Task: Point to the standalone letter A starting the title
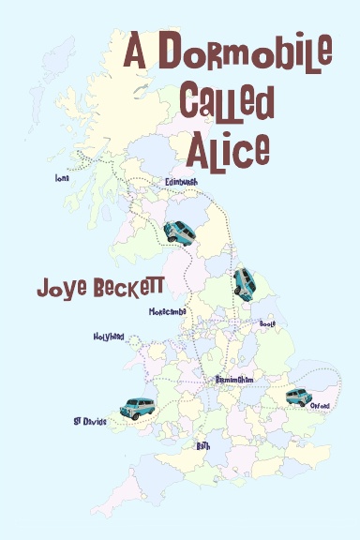[139, 51]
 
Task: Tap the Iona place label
[63, 175]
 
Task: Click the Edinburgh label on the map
[183, 181]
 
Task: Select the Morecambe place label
[167, 311]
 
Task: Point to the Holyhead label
[108, 336]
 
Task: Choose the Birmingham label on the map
[234, 380]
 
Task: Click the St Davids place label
[90, 422]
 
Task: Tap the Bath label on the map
[203, 446]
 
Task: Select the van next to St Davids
[137, 408]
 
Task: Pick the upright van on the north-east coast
[244, 281]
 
